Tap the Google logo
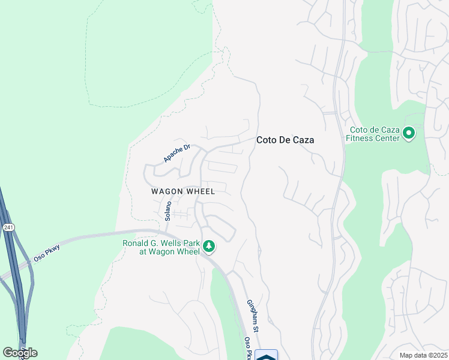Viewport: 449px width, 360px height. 20,352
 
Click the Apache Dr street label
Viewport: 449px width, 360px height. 176,153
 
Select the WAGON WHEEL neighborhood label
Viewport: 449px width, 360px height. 183,191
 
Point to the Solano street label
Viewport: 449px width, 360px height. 168,211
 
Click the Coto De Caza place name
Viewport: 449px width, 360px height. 285,140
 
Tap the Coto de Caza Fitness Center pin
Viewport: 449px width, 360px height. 409,133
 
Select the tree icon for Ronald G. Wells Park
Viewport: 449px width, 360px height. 209,246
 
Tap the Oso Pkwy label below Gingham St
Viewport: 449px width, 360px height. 247,348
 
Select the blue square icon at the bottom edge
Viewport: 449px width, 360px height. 267,355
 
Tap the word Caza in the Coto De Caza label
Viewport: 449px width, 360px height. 303,140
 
